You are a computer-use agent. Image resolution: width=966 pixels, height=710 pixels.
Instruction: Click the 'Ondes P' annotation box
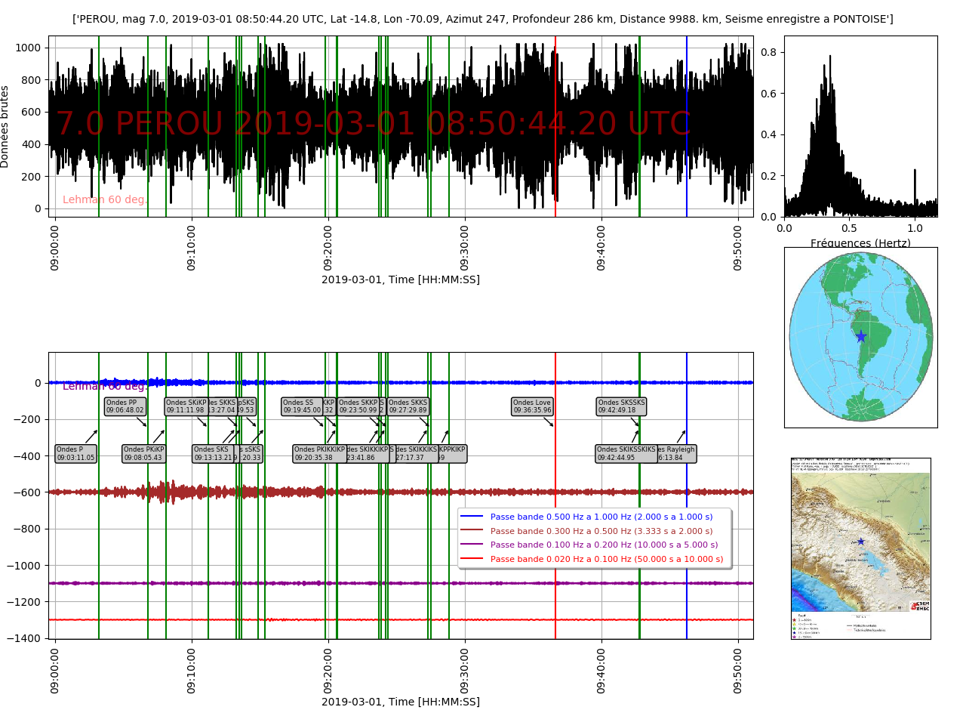click(75, 454)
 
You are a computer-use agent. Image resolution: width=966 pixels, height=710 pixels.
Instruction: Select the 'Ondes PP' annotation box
click(125, 406)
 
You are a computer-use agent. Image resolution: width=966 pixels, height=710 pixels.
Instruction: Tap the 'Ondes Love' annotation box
click(532, 406)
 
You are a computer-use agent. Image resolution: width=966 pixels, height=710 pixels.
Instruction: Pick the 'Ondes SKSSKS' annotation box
click(621, 406)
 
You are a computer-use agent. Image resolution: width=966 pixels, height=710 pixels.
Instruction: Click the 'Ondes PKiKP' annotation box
click(143, 454)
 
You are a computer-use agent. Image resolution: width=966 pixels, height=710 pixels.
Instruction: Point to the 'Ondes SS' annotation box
click(301, 406)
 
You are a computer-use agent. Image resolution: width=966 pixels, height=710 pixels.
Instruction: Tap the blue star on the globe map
click(861, 336)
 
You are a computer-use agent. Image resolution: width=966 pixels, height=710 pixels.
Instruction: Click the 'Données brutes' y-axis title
click(6, 126)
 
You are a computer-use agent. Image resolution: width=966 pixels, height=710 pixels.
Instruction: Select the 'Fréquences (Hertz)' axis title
click(860, 243)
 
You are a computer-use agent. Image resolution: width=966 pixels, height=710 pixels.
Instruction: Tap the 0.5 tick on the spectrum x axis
click(849, 227)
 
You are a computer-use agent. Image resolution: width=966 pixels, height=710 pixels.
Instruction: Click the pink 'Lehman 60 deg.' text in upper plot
click(105, 199)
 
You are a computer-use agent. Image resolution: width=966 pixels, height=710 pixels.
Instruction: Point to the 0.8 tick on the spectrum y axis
click(769, 52)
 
